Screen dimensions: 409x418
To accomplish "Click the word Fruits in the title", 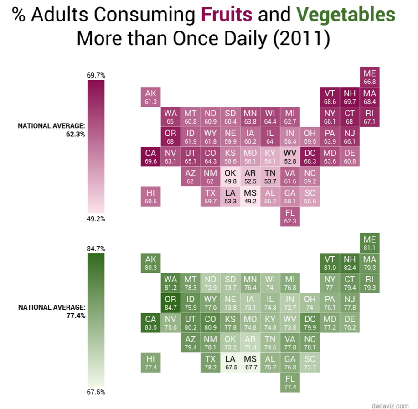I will [227, 15].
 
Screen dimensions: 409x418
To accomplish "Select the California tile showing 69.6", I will [150, 157].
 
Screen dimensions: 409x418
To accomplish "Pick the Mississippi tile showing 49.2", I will [250, 197].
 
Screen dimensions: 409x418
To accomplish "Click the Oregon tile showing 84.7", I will [170, 302].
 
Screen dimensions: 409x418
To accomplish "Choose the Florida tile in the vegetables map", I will [290, 383].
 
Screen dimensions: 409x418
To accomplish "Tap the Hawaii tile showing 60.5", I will [150, 197].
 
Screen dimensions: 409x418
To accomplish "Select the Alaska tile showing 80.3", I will [150, 263].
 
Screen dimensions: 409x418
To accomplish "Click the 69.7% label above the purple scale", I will [96, 75].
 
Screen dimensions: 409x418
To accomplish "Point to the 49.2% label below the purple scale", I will [96, 219].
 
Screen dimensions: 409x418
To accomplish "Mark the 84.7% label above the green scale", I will [96, 249].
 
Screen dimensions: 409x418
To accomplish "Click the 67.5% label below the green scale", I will [96, 392].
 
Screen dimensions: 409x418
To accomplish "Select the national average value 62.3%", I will [75, 135].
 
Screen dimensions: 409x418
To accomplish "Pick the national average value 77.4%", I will [75, 315].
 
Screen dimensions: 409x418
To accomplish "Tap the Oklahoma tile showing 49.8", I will [230, 176].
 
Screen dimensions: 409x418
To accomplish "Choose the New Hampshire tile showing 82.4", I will [350, 263].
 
